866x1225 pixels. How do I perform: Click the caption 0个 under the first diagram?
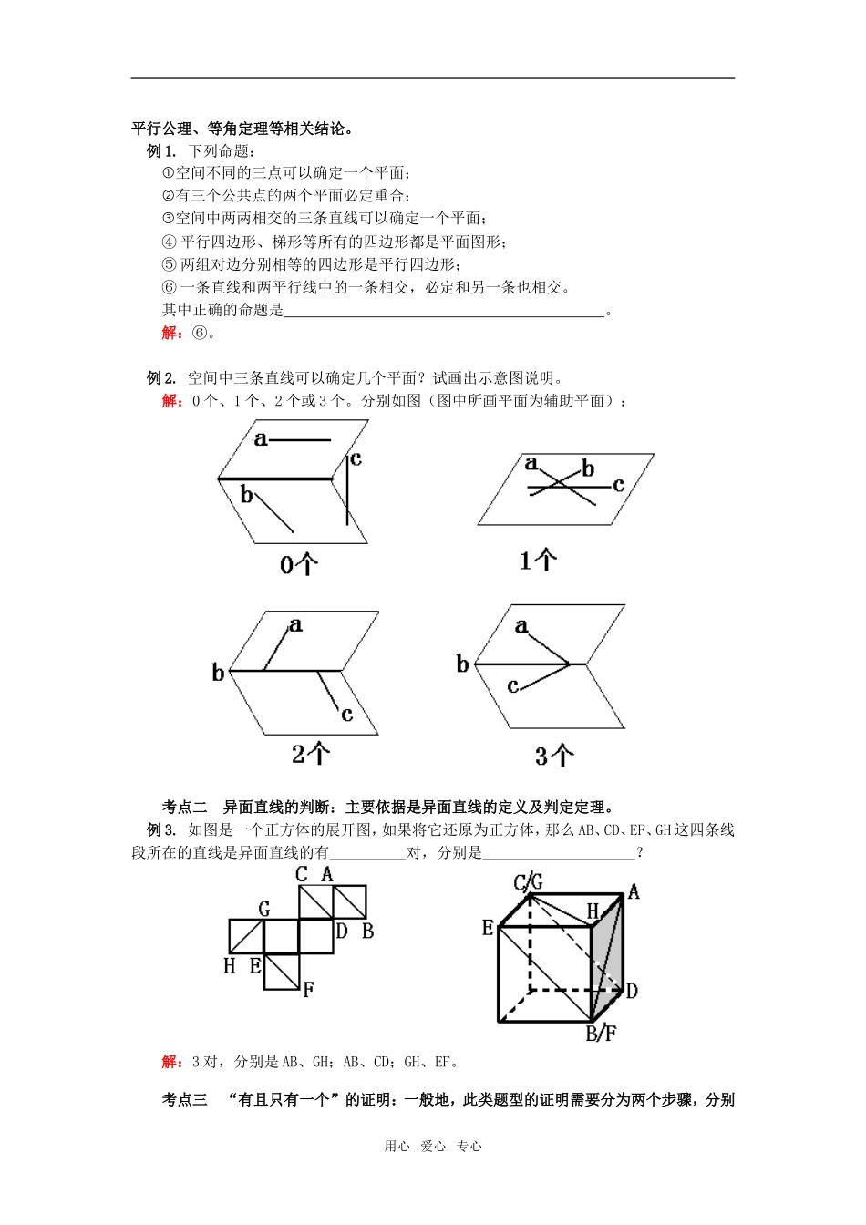pos(298,565)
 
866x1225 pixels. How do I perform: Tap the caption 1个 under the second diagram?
pos(538,560)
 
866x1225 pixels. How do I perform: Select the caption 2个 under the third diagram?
pos(311,754)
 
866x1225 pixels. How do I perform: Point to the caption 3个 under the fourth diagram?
pos(554,756)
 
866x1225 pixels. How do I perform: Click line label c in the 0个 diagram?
pos(356,459)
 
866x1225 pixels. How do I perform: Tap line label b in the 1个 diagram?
pos(588,468)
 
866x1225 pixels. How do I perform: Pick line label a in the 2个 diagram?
pos(295,625)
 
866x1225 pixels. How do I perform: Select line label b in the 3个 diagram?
pos(462,664)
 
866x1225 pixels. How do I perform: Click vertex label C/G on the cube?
pos(528,881)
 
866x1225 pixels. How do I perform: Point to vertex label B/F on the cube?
pos(601,1034)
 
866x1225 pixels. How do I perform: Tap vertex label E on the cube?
pos(488,928)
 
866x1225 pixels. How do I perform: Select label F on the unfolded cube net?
pos(308,989)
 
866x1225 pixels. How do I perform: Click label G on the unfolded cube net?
pos(264,908)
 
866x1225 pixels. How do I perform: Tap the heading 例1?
pos(160,151)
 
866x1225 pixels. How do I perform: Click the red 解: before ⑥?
pos(172,333)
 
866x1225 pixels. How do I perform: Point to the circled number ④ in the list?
pos(169,242)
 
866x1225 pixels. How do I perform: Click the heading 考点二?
pos(184,807)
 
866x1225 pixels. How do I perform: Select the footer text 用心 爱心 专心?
pos(433,1147)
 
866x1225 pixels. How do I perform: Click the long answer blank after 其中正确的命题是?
pos(445,311)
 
